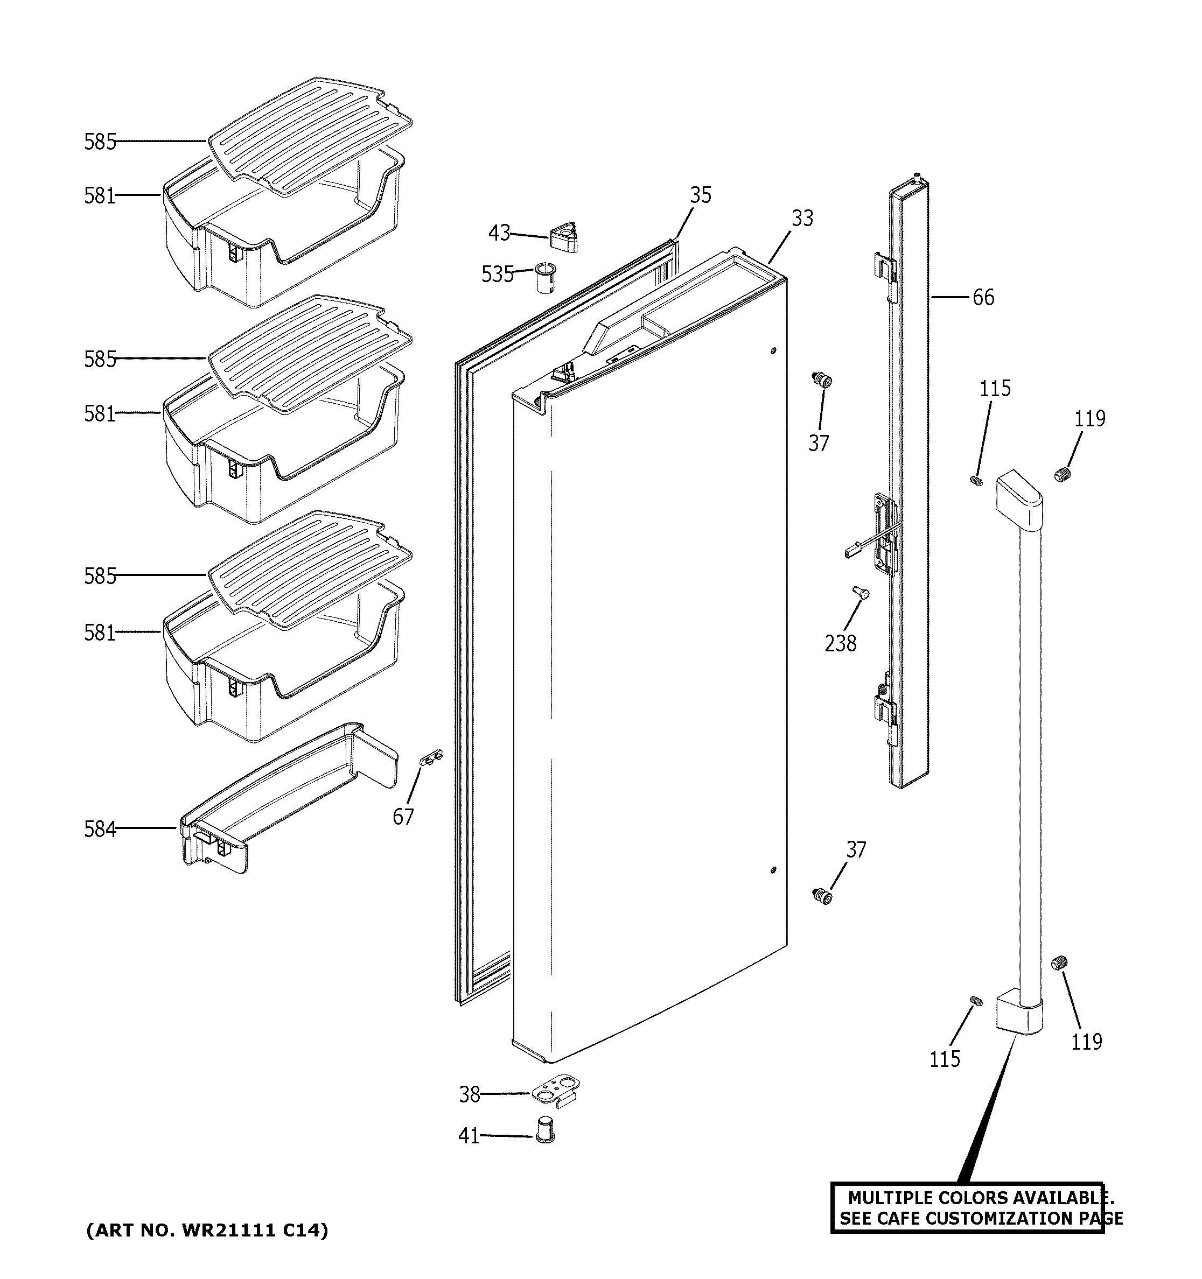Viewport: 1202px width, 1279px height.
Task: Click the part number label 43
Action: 499,233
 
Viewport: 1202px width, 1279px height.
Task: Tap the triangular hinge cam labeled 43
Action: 564,237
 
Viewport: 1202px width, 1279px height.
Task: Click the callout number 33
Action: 802,218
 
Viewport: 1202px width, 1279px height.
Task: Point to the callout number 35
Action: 701,195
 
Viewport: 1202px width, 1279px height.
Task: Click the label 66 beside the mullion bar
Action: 983,297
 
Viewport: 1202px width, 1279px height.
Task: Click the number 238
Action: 840,643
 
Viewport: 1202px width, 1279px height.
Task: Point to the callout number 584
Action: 100,830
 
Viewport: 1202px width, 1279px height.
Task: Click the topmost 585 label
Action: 100,142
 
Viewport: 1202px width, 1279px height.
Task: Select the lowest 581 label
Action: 100,633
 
